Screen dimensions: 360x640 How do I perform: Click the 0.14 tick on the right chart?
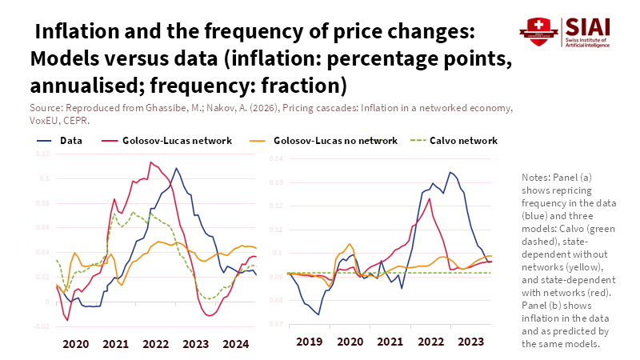coord(276,158)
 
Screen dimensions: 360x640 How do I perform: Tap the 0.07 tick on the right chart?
coord(276,324)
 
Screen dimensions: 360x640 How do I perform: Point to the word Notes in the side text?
coord(534,176)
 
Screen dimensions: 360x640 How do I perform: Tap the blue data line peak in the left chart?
coord(177,168)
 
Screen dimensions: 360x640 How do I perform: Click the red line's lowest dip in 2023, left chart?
coord(210,316)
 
